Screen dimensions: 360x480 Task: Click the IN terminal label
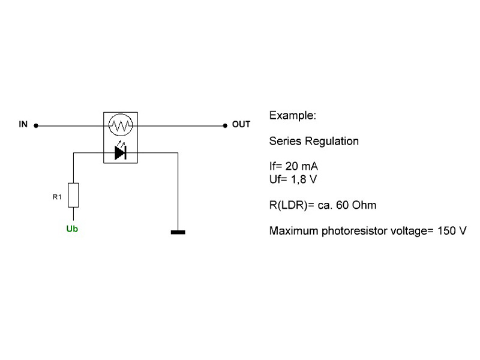23,125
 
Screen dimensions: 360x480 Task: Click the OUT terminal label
241,125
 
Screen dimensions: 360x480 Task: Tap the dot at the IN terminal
36,126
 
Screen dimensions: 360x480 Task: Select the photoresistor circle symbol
120,126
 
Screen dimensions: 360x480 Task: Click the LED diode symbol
121,154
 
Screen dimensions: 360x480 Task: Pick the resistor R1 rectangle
74,195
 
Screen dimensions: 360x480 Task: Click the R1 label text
57,196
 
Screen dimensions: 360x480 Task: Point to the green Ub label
72,229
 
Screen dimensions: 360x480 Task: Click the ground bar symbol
178,232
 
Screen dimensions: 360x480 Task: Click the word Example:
292,115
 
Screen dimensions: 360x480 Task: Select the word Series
286,142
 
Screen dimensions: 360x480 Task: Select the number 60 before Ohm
347,205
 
